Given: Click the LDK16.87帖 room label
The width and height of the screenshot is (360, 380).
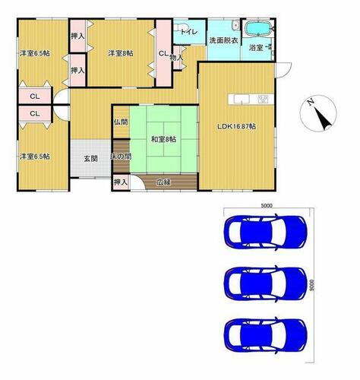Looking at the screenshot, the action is coord(236,126).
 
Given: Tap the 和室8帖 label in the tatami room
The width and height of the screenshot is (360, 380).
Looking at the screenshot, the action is coord(163,139).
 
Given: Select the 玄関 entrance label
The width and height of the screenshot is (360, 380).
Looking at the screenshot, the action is coord(90,159).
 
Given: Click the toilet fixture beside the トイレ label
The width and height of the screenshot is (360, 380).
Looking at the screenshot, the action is coord(181,27).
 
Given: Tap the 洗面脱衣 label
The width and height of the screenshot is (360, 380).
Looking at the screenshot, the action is coord(223,40).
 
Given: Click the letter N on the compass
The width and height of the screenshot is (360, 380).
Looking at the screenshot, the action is coord(311,102).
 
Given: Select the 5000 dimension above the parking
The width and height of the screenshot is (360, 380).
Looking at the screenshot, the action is coord(267,206).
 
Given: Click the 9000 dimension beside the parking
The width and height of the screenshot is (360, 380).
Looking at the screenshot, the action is coord(312,285).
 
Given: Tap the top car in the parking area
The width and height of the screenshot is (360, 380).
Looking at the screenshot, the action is coord(265,233).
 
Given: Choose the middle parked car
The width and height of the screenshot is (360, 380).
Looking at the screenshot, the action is coord(265,283).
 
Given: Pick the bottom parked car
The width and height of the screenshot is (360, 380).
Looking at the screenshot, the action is coord(265,335).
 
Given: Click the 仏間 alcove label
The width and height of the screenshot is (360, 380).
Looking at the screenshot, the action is coord(121,122).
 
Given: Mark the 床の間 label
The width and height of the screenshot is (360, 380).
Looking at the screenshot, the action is coord(121,157).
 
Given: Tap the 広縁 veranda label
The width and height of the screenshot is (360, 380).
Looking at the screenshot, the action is coord(163,182).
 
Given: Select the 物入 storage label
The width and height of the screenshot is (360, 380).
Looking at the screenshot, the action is coord(176,58).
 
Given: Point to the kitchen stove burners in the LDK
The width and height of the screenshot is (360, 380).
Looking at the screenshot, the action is coord(263,99).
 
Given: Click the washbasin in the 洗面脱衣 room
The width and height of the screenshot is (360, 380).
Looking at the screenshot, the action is coord(235,25).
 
